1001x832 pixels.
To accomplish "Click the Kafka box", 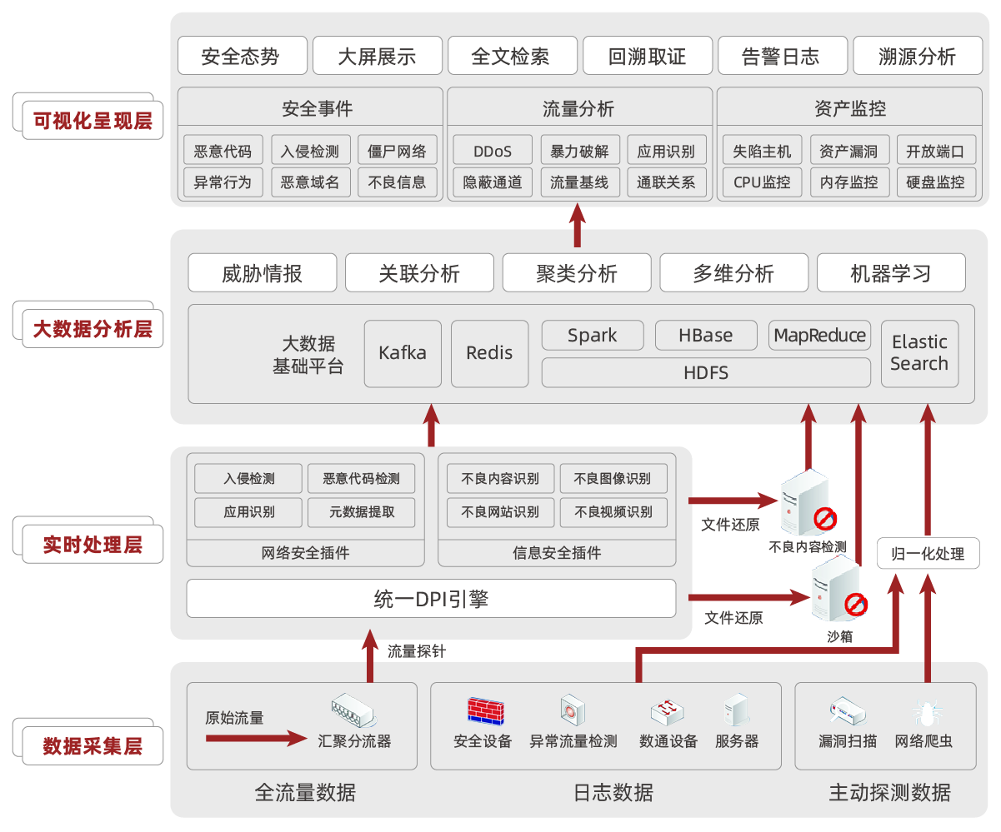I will coord(403,353).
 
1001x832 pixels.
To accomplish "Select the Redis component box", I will coord(489,353).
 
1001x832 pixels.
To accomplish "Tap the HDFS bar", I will coord(705,372).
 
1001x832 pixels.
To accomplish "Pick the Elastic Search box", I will coord(918,353).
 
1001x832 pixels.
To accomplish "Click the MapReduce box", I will coord(819,336).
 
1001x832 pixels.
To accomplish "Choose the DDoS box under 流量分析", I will coord(492,151).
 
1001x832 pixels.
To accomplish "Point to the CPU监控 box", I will coord(762,182).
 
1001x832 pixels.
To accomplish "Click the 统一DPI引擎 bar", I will coord(431,599).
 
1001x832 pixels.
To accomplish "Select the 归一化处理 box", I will coord(927,554).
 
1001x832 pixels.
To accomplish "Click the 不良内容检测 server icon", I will coord(804,501).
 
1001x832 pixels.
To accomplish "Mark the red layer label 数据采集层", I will coord(92,745).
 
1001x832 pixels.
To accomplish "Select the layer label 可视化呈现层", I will coord(92,122).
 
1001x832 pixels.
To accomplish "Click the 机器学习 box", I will coord(890,273).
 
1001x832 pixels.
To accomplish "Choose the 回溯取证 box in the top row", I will coord(647,57).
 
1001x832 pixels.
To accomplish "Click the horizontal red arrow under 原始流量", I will coord(257,738).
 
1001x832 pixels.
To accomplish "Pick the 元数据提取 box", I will coord(361,512).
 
